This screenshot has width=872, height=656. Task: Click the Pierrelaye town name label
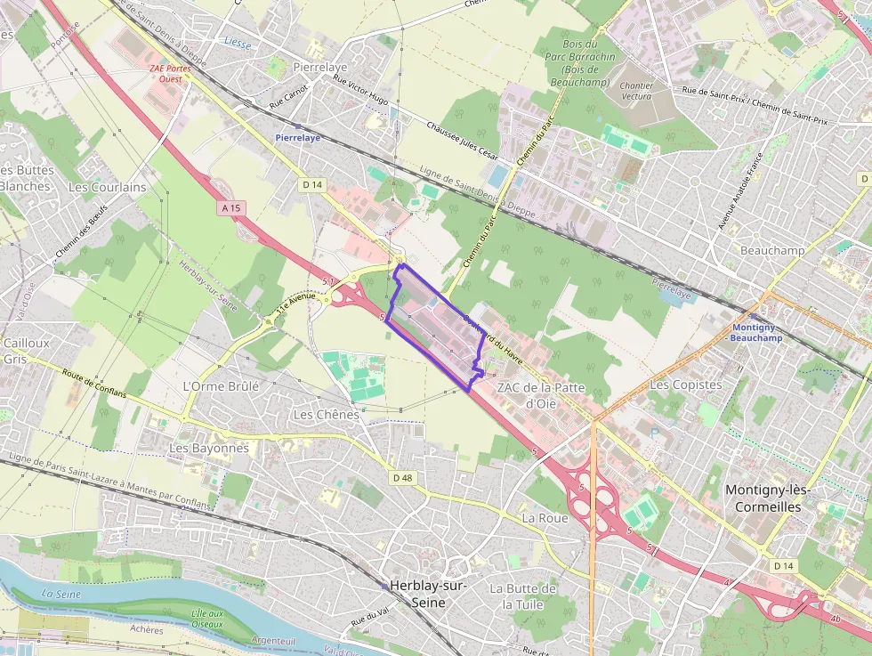[x=319, y=67]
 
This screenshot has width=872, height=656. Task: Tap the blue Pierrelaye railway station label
[x=297, y=137]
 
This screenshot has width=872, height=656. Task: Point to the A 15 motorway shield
[x=230, y=207]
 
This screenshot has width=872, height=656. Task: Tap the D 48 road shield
[x=402, y=478]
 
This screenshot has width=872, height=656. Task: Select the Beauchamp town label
[x=772, y=250]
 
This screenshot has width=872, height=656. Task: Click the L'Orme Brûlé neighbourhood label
[x=221, y=386]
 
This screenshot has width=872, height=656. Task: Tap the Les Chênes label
[x=326, y=415]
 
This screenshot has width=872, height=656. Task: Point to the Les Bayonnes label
[x=209, y=448]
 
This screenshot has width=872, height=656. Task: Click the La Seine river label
[x=61, y=594]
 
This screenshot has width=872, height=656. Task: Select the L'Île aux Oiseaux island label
[x=207, y=619]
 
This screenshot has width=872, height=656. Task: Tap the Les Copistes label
[x=686, y=384]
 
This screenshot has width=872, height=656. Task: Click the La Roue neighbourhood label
[x=545, y=517]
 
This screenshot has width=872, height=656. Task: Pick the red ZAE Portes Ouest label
[x=170, y=73]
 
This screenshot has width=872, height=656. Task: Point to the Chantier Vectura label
[x=636, y=91]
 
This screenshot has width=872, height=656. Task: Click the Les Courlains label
[x=107, y=187]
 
